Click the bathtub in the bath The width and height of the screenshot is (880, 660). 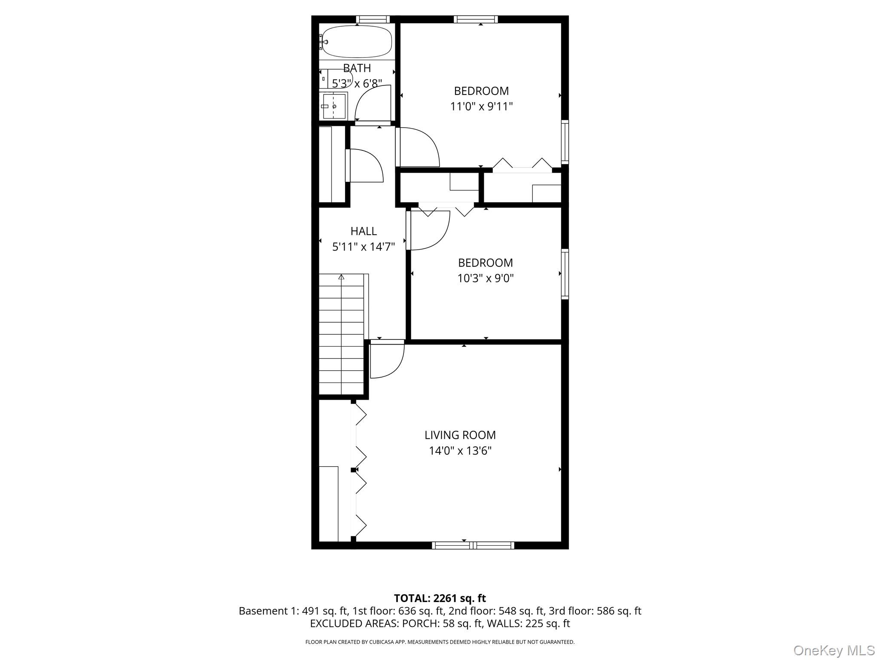(357, 42)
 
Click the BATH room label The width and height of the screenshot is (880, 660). (357, 68)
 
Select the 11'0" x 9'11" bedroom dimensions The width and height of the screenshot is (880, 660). (481, 106)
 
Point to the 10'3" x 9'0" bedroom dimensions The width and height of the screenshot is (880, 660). (485, 278)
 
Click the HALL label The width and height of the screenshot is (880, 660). (364, 231)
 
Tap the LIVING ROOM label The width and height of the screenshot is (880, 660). (460, 435)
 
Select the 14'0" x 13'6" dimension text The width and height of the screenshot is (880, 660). (460, 451)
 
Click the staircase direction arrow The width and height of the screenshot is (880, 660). (341, 277)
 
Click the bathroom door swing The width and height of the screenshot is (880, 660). (372, 103)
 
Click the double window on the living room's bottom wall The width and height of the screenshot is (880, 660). (473, 545)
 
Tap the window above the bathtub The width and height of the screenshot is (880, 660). (373, 19)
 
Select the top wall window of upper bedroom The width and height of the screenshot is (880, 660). (476, 19)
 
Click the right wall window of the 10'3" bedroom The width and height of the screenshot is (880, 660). (565, 274)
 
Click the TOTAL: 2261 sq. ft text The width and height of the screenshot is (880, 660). (440, 598)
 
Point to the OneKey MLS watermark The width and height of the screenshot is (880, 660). (834, 650)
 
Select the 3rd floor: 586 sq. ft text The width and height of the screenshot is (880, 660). (595, 611)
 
